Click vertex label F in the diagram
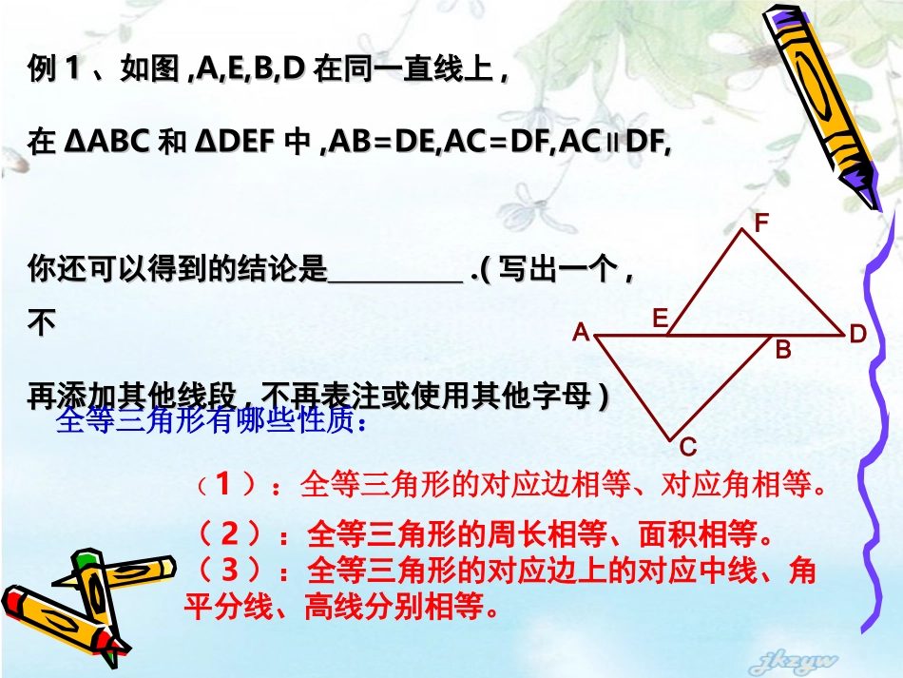(x=761, y=223)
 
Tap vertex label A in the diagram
(x=581, y=333)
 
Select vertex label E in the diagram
(x=660, y=319)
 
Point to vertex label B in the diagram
(x=782, y=350)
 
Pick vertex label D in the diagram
(x=857, y=334)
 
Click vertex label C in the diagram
(x=689, y=447)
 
